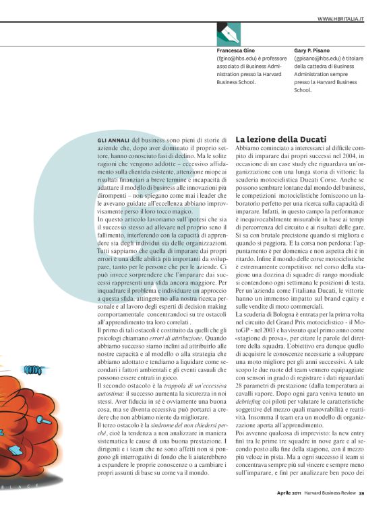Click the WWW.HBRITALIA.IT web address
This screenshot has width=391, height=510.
pos(340,19)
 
